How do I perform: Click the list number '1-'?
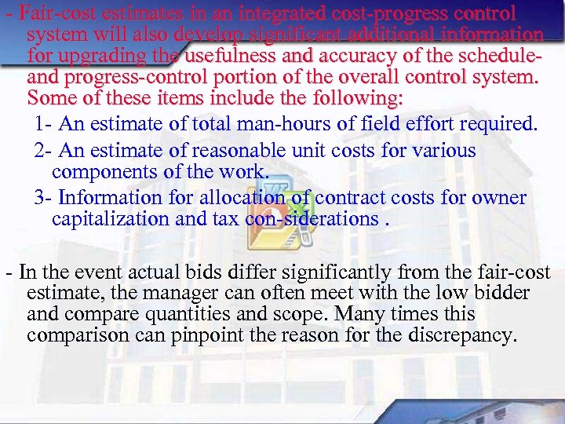pos(44,124)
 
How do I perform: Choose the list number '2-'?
pos(44,150)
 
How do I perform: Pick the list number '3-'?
pos(44,197)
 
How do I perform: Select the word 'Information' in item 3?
pos(111,197)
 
